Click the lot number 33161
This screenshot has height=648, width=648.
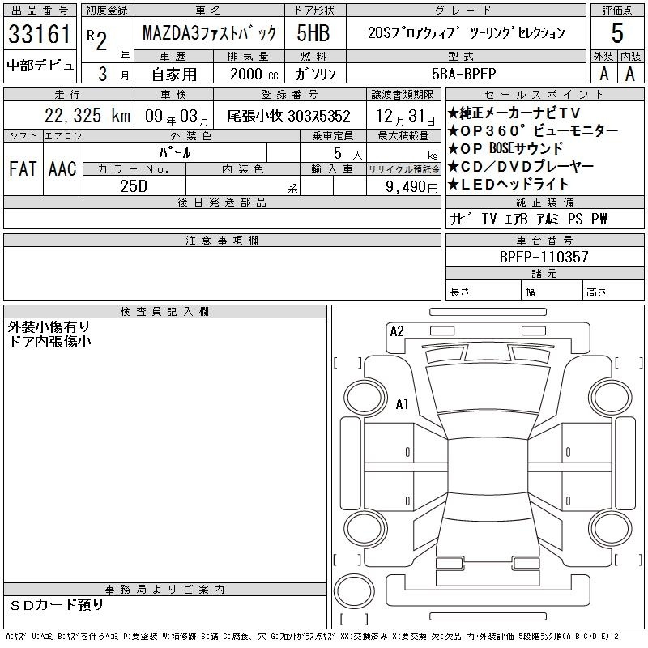tap(40, 33)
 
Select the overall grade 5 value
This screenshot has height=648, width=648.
tap(617, 33)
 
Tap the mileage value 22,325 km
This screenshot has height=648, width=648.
tap(87, 116)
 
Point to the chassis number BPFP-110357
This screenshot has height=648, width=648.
tap(544, 257)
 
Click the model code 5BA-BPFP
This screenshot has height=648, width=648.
tap(463, 74)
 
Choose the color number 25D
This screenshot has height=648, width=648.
tap(134, 186)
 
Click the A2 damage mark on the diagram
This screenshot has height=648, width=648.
tap(397, 331)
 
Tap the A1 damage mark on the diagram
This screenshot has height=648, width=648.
tap(402, 403)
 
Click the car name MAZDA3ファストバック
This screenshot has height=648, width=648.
tap(209, 33)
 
